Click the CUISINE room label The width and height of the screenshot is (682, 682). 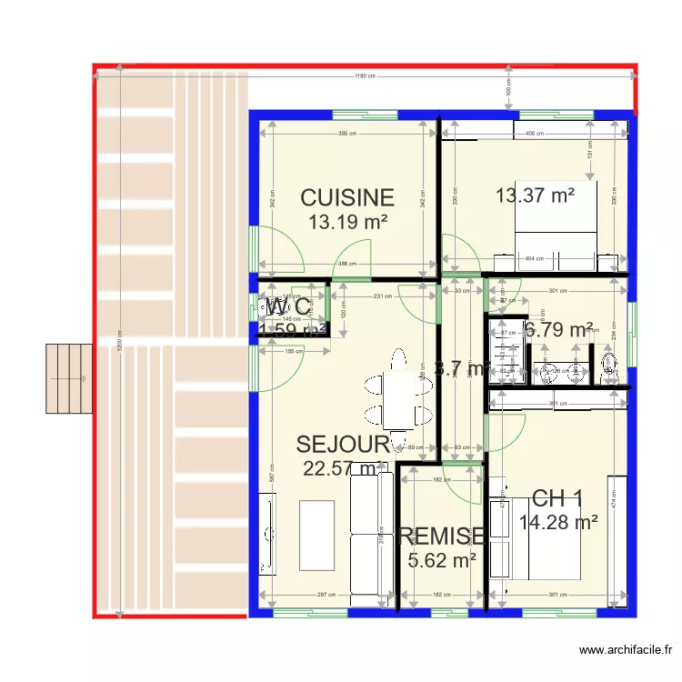347,197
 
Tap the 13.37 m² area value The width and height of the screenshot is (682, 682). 534,195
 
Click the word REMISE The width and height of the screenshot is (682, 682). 441,536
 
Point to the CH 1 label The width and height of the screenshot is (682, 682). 557,498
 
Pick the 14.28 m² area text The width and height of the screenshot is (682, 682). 558,522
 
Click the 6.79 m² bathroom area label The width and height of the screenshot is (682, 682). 558,329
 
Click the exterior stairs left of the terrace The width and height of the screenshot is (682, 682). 70,377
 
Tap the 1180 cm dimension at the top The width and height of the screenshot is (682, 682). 364,76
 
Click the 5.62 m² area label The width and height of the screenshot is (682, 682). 443,561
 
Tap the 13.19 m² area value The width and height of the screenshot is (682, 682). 347,221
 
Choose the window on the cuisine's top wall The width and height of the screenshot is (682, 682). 364,115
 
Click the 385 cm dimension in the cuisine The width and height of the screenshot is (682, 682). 346,134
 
